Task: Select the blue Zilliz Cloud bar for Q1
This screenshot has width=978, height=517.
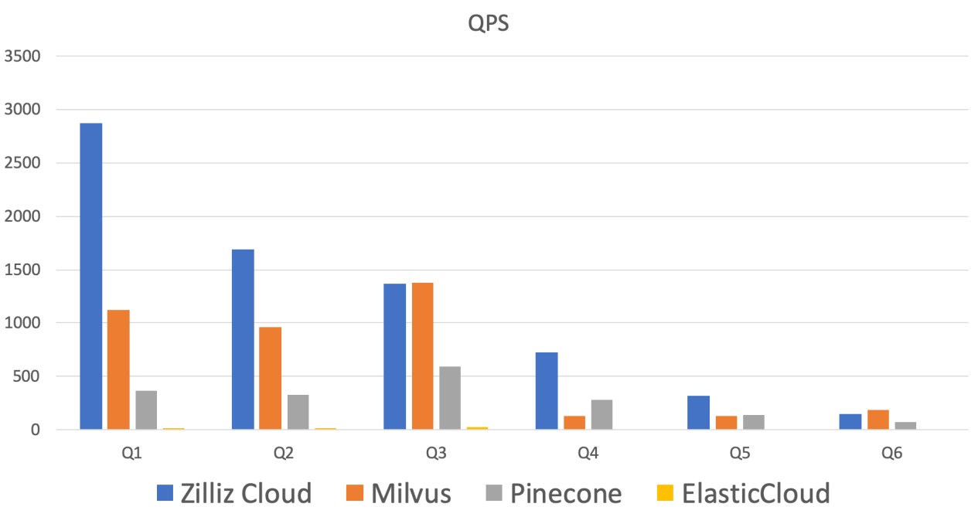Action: (x=90, y=276)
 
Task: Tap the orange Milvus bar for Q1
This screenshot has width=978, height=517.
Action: (x=118, y=369)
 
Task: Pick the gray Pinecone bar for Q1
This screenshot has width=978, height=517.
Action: (x=146, y=410)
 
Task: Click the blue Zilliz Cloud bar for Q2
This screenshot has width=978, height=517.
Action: (x=243, y=338)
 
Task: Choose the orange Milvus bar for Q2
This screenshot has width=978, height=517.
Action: (x=271, y=378)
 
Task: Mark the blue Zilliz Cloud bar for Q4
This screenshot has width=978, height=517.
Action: (x=546, y=390)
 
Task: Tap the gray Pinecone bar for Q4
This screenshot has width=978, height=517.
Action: (x=601, y=414)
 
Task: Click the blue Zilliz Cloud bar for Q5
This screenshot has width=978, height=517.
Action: (x=698, y=412)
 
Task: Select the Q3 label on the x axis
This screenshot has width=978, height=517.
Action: (x=436, y=454)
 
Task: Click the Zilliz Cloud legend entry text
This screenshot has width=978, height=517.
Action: (x=245, y=492)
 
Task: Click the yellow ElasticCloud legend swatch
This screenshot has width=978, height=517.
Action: (x=664, y=492)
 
